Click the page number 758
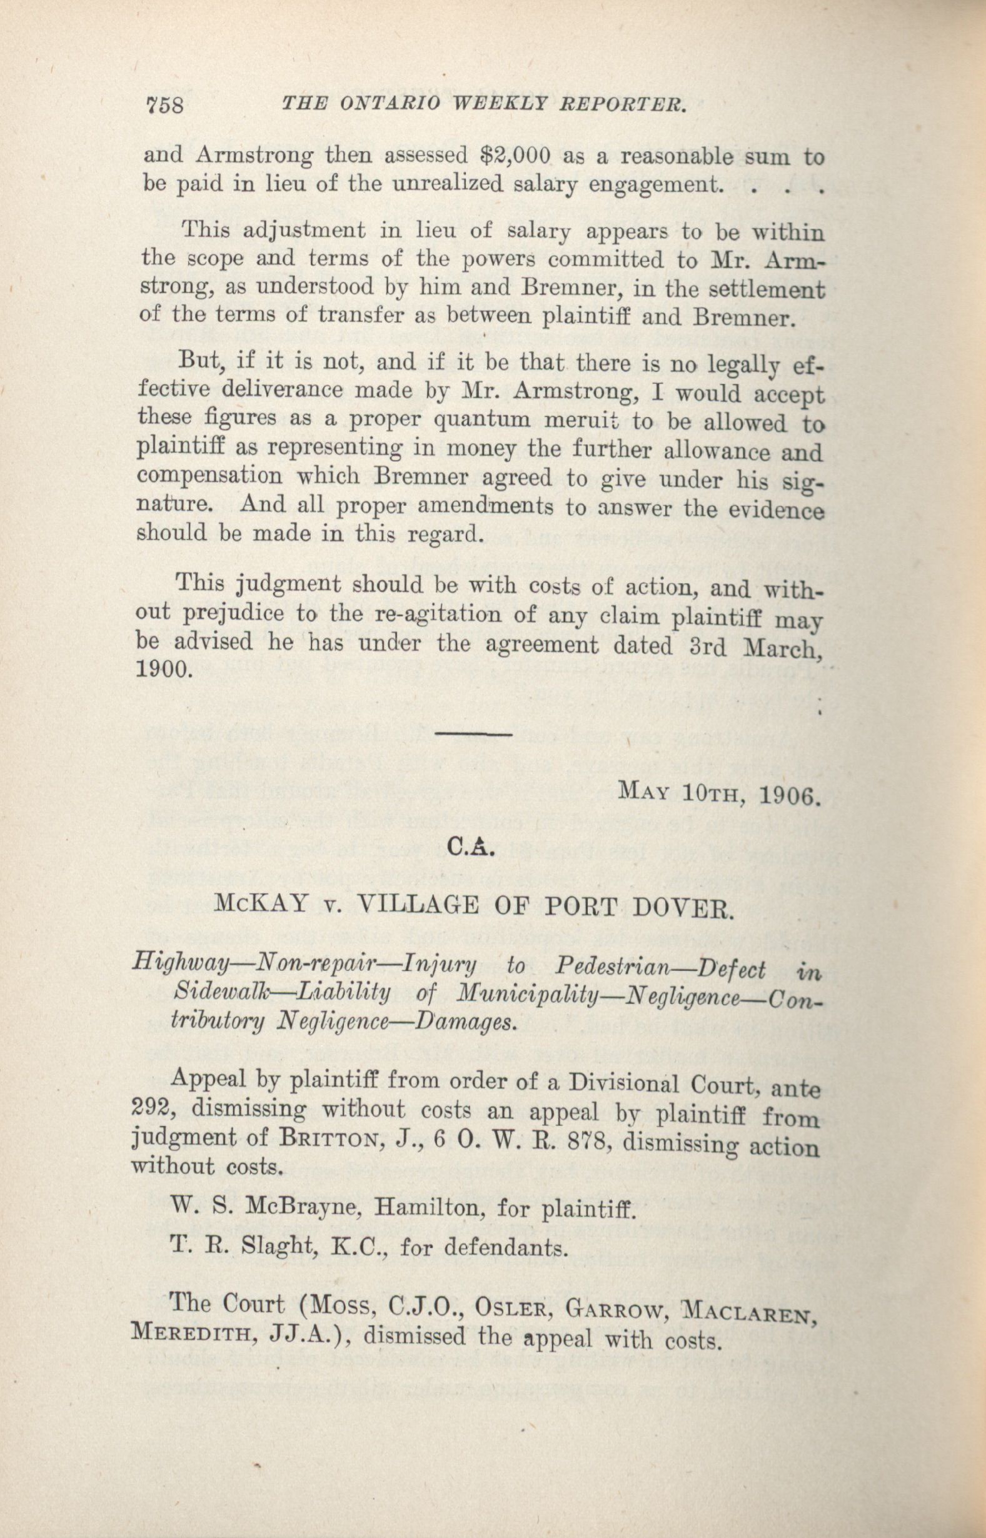(165, 104)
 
